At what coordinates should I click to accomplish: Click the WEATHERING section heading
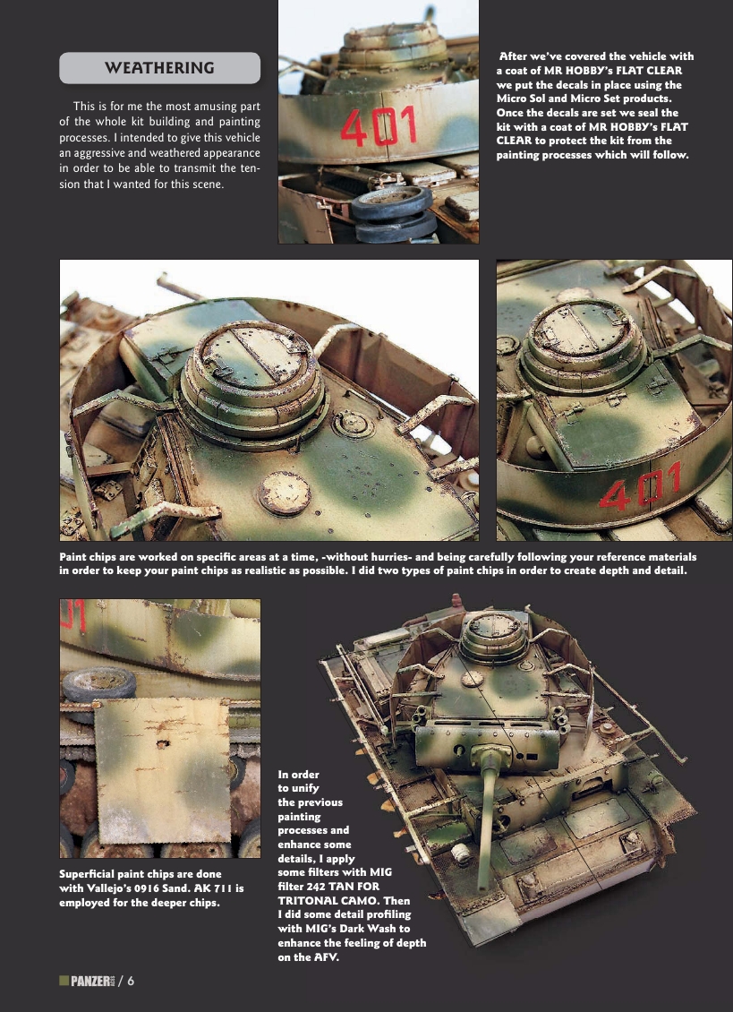tap(159, 68)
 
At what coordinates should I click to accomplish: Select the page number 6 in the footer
tap(131, 981)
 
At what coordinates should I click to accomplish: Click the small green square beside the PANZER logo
tap(63, 981)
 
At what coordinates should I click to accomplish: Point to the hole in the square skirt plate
tap(162, 742)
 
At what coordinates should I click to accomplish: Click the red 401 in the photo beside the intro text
tap(379, 126)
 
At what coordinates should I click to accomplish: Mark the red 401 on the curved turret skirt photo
tap(641, 490)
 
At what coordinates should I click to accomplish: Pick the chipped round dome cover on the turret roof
tap(284, 493)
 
